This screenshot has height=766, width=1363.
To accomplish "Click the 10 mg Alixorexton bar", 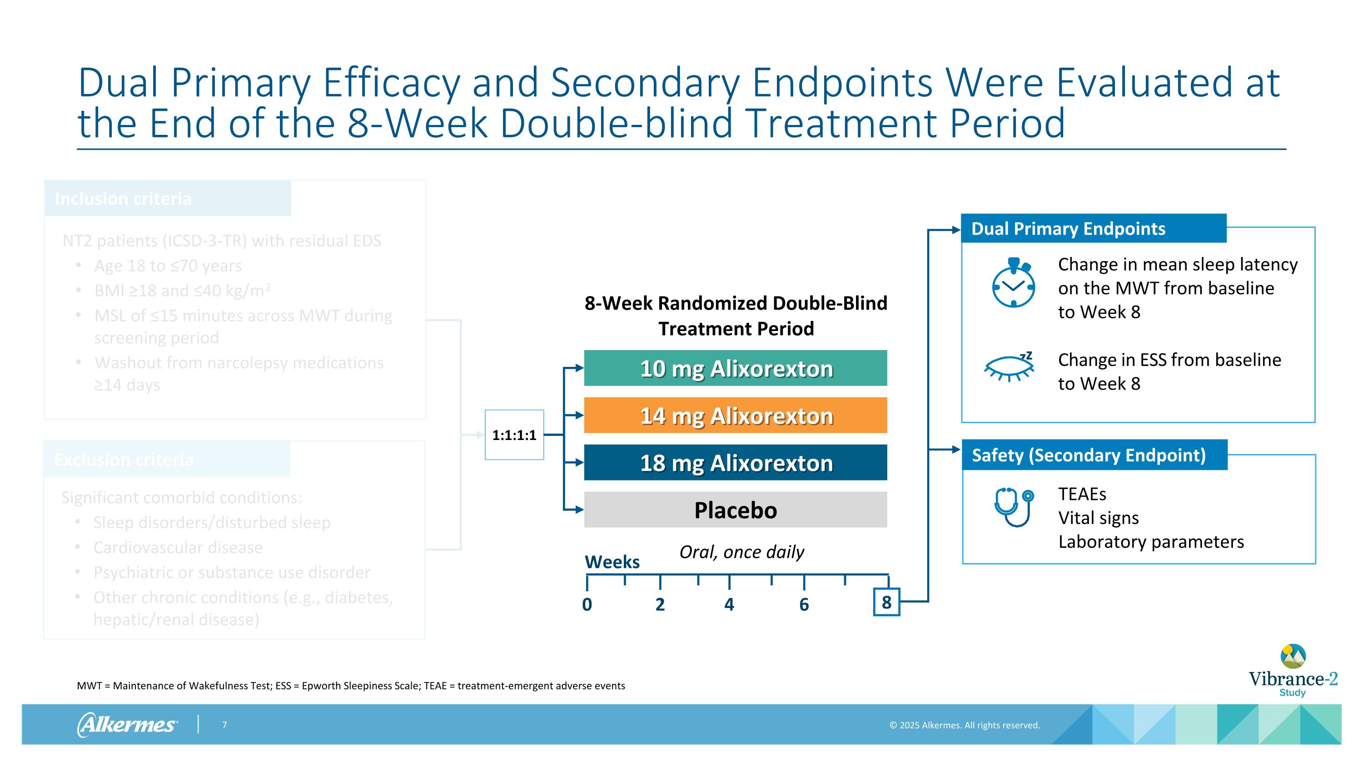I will (x=736, y=368).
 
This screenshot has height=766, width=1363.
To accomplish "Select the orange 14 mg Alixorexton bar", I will (x=736, y=415).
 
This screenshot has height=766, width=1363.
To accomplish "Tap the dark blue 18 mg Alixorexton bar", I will (x=736, y=463).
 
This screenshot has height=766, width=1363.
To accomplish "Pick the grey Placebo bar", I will (x=736, y=509).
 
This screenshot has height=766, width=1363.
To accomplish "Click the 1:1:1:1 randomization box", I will (x=514, y=435).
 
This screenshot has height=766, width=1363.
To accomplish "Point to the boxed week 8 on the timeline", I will (x=886, y=602).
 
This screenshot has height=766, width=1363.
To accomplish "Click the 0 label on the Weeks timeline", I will (x=587, y=604).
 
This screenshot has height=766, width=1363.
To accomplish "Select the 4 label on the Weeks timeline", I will (x=729, y=604).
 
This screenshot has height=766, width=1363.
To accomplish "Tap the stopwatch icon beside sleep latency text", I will (x=1013, y=283).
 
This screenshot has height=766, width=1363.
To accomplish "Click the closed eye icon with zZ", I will (x=1009, y=366).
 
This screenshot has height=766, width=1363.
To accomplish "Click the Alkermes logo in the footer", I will (x=128, y=725).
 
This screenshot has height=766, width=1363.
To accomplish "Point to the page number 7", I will (x=224, y=725).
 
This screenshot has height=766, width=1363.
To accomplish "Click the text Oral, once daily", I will (x=741, y=552).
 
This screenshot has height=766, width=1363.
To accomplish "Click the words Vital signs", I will (x=1099, y=518).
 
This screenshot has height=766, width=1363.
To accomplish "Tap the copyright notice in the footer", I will (x=964, y=725).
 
